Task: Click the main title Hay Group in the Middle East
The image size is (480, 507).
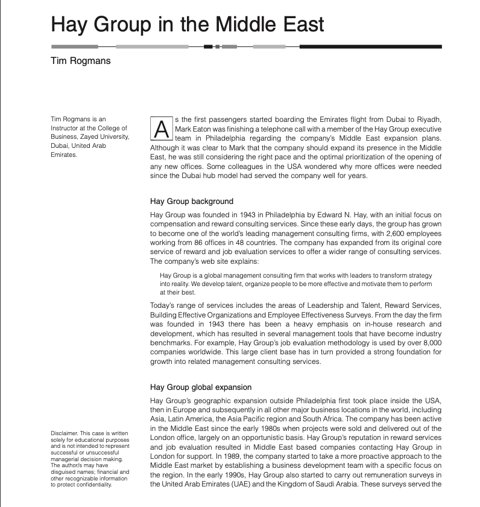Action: [188, 24]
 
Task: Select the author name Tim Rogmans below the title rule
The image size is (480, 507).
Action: [81, 61]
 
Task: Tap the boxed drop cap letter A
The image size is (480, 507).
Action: [160, 129]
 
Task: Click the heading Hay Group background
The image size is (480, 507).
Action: [191, 201]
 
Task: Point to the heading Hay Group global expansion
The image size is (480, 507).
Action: [201, 387]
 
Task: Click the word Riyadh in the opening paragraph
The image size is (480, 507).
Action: [429, 118]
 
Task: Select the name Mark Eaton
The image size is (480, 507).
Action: [193, 129]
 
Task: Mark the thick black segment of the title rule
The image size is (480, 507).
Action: [370, 46]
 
